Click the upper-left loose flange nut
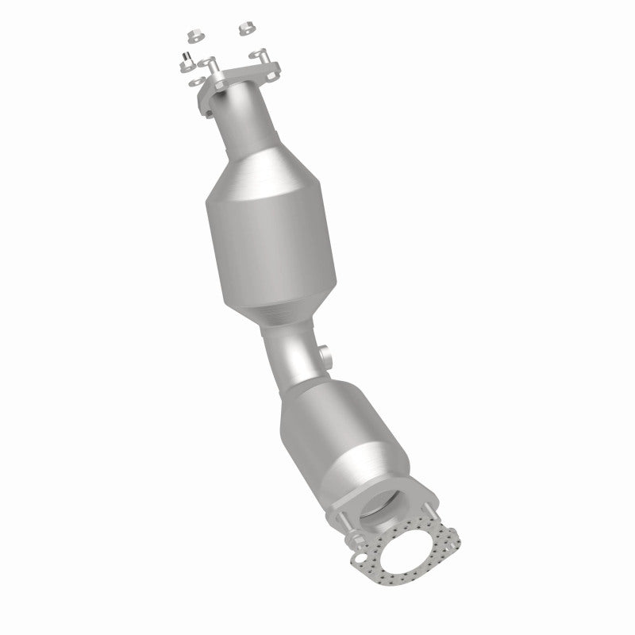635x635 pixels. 194,34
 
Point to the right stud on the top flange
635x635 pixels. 259,55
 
